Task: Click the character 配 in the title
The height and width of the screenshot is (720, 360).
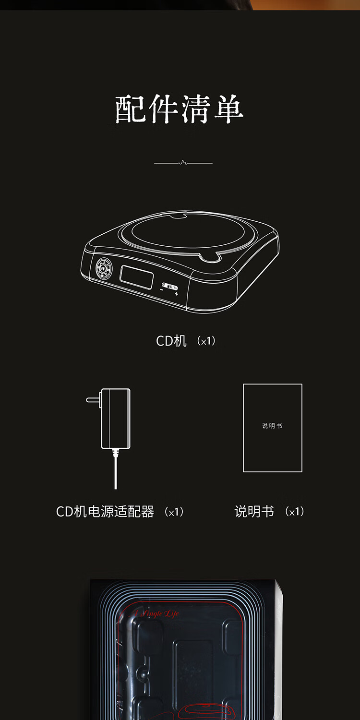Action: [130, 110]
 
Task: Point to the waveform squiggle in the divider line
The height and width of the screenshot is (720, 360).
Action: [182, 163]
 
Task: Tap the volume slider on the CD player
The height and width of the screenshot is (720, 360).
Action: [169, 287]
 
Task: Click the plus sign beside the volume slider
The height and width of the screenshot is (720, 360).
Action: [177, 294]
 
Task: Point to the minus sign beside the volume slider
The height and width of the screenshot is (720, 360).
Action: [162, 289]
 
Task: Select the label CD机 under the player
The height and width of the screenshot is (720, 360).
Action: [171, 341]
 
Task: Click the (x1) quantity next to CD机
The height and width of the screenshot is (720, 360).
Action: [207, 341]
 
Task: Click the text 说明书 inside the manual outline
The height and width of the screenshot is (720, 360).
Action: [272, 426]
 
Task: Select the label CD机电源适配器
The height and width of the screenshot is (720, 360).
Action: [105, 512]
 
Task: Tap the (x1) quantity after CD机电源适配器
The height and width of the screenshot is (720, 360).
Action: [174, 512]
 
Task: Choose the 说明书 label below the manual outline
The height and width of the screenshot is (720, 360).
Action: [254, 512]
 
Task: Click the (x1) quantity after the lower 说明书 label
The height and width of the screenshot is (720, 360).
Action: [295, 512]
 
